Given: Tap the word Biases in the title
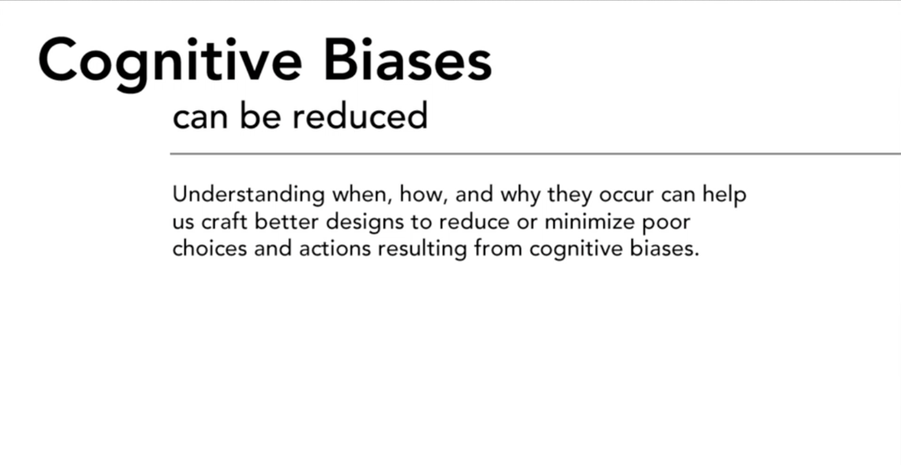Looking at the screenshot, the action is [x=408, y=60].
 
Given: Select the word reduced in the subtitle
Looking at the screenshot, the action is [x=359, y=116].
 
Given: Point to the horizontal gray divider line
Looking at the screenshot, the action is [x=536, y=154].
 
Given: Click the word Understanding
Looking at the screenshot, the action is [x=248, y=195].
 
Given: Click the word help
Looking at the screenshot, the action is [x=724, y=195].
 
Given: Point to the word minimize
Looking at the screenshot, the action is [x=590, y=222].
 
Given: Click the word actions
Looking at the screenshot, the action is [x=335, y=249].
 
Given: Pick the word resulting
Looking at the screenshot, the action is [x=422, y=250].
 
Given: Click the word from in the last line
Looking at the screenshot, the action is [x=498, y=249].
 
